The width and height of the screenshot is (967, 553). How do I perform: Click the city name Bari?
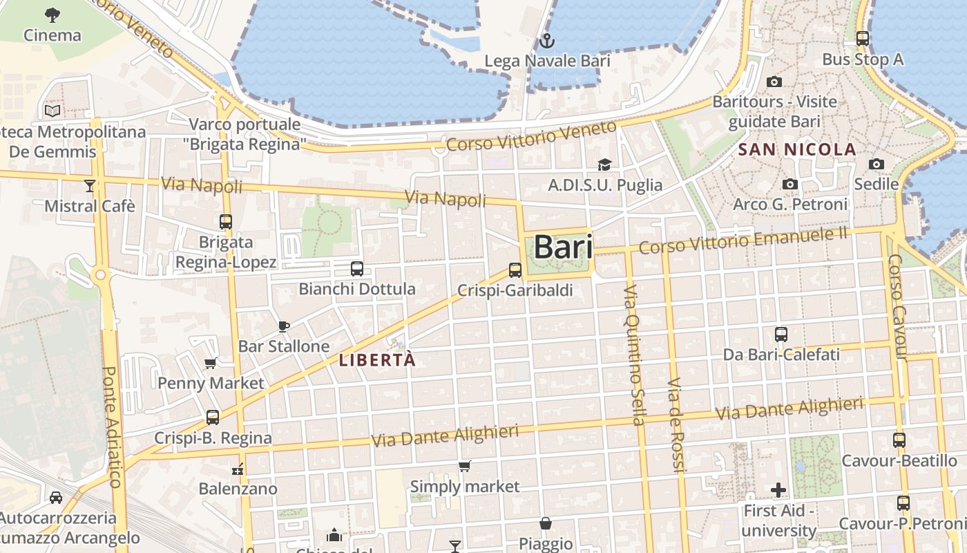pyautogui.click(x=564, y=247)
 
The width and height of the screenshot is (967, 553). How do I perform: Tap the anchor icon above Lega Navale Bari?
pyautogui.click(x=547, y=41)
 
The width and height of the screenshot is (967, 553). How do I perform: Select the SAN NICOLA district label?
pyautogui.click(x=797, y=149)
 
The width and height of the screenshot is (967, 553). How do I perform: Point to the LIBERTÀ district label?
pyautogui.click(x=378, y=360)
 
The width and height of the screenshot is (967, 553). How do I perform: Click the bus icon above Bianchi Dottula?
pyautogui.click(x=357, y=269)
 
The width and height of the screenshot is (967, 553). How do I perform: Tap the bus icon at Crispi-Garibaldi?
pyautogui.click(x=515, y=270)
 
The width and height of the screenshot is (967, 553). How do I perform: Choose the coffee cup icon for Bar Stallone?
pyautogui.click(x=283, y=326)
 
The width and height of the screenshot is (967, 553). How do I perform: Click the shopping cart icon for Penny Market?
pyautogui.click(x=211, y=363)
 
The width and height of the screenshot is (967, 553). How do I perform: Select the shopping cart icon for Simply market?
pyautogui.click(x=465, y=467)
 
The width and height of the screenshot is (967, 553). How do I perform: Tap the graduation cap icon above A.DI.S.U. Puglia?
pyautogui.click(x=604, y=165)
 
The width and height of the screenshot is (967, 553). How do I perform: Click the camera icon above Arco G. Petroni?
pyautogui.click(x=790, y=184)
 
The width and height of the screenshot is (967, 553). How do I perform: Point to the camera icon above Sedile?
pyautogui.click(x=877, y=164)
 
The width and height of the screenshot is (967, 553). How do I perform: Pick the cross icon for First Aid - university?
pyautogui.click(x=778, y=490)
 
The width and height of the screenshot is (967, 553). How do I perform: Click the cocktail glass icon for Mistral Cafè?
pyautogui.click(x=89, y=185)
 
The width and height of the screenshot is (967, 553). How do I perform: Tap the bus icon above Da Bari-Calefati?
pyautogui.click(x=781, y=335)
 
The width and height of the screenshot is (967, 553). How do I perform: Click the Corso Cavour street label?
pyautogui.click(x=897, y=307)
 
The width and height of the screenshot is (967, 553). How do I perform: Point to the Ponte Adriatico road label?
pyautogui.click(x=112, y=427)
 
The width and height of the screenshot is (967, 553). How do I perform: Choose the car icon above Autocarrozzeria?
pyautogui.click(x=56, y=497)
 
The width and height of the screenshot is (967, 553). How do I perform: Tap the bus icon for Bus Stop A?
pyautogui.click(x=863, y=39)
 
